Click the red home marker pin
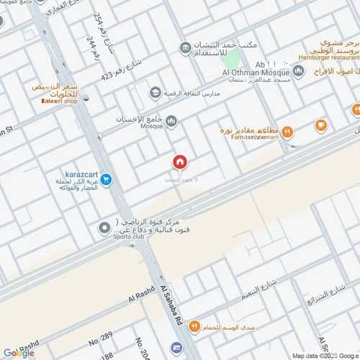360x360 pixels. click(x=180, y=163)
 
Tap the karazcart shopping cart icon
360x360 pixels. click(x=105, y=179)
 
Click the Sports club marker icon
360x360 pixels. click(x=104, y=228)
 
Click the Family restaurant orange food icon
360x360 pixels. click(x=287, y=131)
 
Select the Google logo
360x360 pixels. click(x=18, y=353)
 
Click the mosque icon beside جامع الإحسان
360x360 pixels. click(x=171, y=120)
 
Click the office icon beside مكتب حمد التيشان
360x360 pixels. click(x=186, y=49)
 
